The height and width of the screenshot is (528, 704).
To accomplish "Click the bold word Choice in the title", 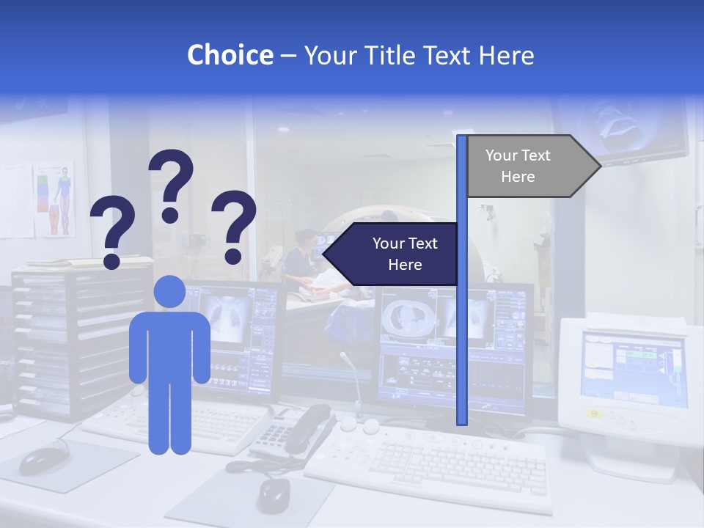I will point(230,55).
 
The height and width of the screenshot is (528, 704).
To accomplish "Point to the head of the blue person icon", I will point(169,291).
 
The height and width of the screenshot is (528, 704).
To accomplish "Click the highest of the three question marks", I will point(172,184).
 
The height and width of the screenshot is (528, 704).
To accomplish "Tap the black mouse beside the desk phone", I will point(274,495).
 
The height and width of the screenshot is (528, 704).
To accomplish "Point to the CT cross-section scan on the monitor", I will point(404,315).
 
